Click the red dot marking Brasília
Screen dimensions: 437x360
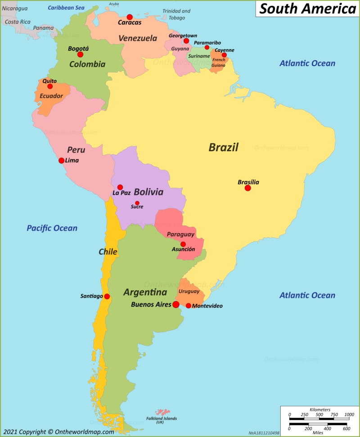tap(247, 188)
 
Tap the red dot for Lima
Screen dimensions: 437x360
tap(61, 160)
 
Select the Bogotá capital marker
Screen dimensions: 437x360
tap(80, 54)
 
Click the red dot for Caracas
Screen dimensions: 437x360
tap(130, 17)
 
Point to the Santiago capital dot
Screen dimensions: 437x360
tap(107, 296)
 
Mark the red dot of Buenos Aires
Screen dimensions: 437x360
tap(175, 305)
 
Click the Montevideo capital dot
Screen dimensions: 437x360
tap(188, 306)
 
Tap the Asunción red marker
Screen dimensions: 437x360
tap(183, 244)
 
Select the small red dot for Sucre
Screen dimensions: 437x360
tap(137, 203)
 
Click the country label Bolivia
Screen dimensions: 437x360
tap(148, 192)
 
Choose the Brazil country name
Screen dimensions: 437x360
tap(223, 147)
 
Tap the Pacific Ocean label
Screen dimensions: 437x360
tap(52, 228)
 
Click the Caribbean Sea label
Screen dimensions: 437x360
tap(66, 8)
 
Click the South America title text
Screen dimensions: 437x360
tap(307, 9)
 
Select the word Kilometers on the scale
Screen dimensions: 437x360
tap(318, 410)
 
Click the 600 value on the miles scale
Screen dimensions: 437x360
tap(347, 429)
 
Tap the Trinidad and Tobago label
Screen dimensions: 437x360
tap(176, 14)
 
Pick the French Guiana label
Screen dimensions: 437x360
tap(219, 63)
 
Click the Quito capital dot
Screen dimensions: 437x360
tap(50, 86)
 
